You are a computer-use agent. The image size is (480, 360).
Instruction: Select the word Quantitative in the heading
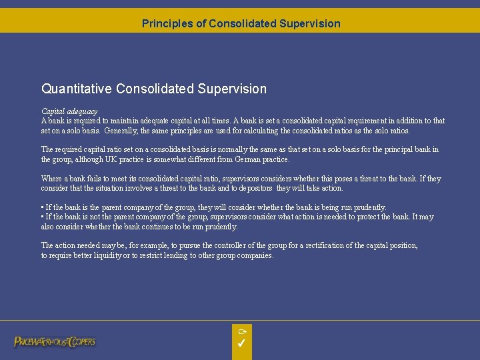click(77, 89)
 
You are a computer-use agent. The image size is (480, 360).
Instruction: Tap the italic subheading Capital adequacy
click(69, 111)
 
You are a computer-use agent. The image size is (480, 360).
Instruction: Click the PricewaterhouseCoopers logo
click(55, 341)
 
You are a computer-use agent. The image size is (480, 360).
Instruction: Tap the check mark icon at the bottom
click(241, 344)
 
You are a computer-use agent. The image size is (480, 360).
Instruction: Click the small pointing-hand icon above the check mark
click(242, 331)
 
